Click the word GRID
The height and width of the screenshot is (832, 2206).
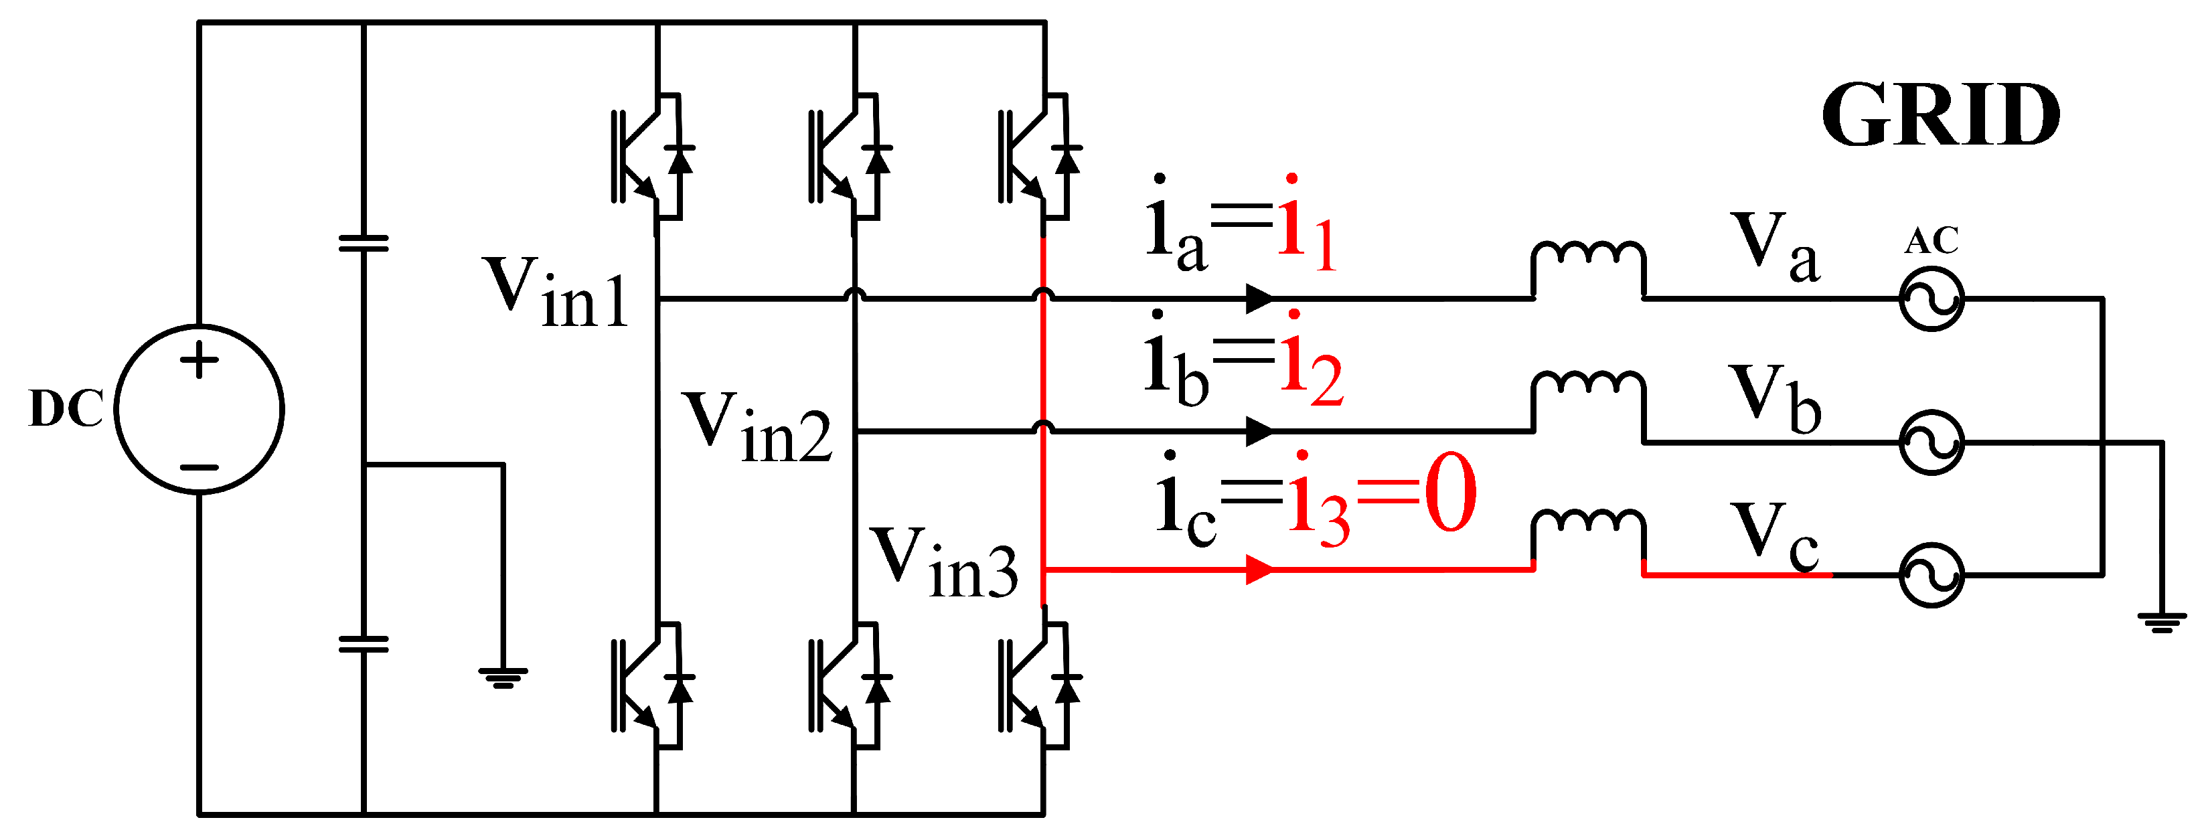coord(1940,116)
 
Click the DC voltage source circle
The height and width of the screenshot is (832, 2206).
coord(199,409)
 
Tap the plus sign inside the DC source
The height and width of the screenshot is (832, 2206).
coord(200,359)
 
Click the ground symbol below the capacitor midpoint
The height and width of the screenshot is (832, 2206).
coord(503,678)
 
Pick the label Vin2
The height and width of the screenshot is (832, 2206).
coord(756,428)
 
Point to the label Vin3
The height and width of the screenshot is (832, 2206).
coord(944,562)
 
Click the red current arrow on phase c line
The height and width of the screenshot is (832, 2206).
coord(1259,569)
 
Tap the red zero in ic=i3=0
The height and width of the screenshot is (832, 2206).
coord(1451,494)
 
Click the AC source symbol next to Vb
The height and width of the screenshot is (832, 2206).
coord(1932,442)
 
